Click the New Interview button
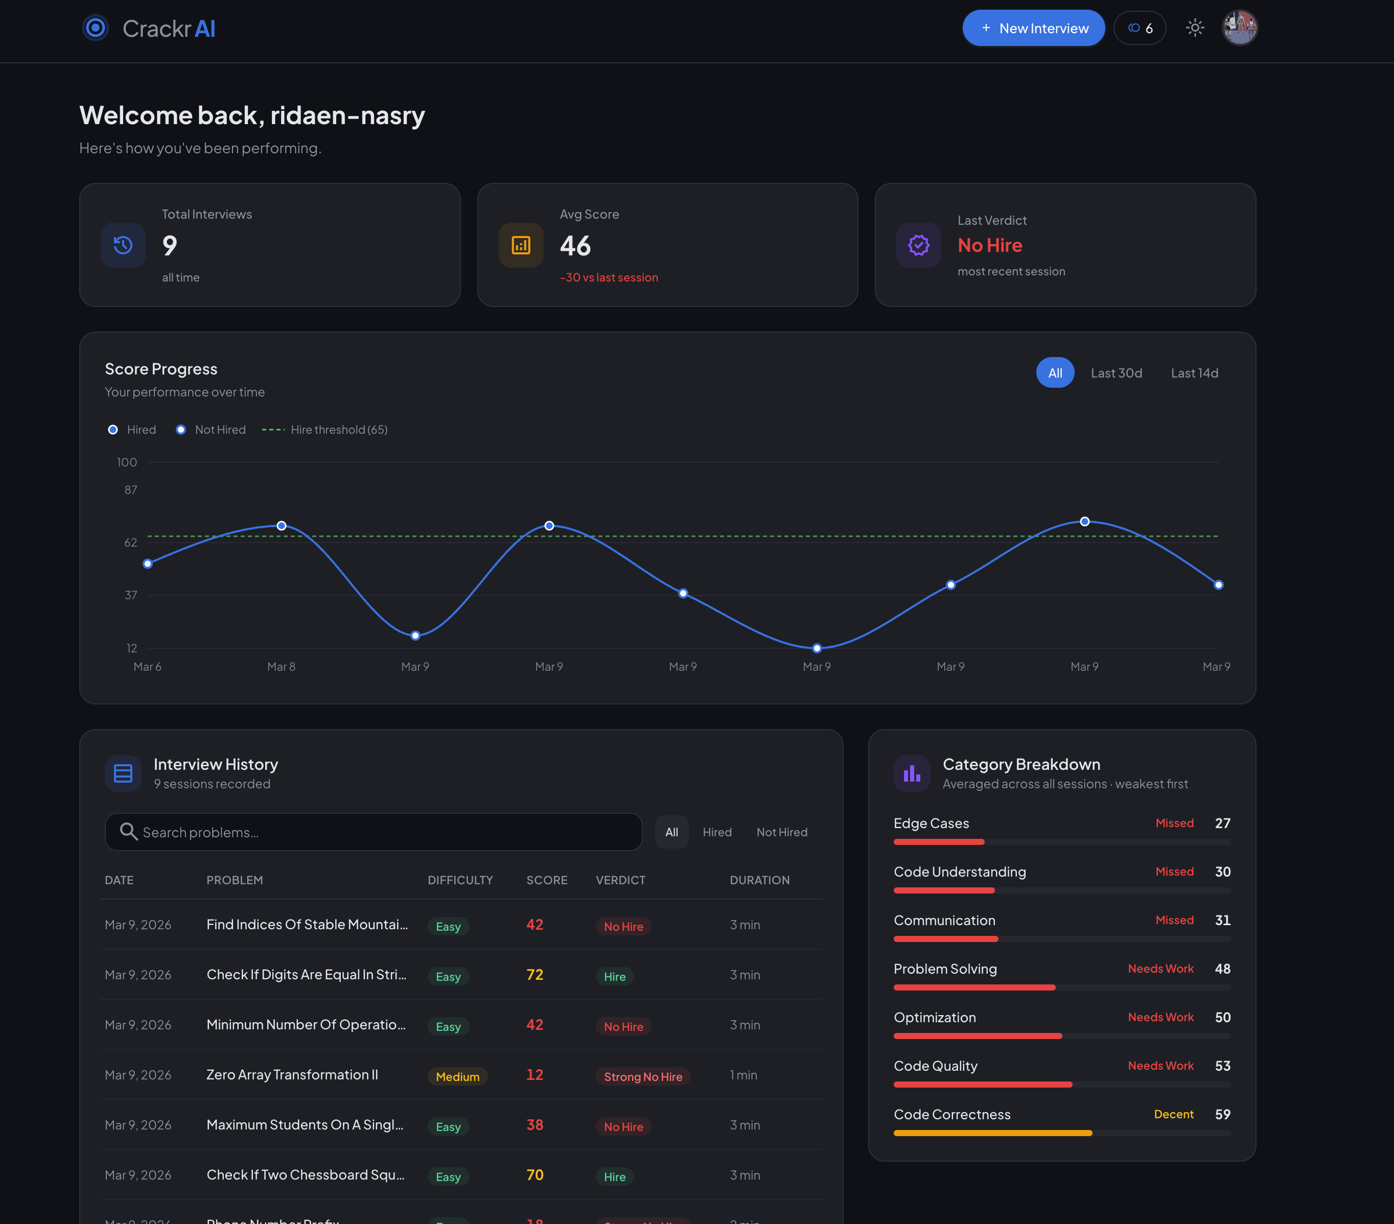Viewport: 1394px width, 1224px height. click(1033, 28)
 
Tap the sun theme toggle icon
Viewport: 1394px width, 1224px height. click(1194, 28)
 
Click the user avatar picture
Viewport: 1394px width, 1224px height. click(1239, 28)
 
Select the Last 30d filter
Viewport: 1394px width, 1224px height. click(1116, 373)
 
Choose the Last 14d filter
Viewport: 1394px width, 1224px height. click(1194, 373)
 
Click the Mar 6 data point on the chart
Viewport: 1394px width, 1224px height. click(147, 564)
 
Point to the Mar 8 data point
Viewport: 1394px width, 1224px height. click(281, 526)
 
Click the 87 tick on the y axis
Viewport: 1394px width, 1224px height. click(130, 489)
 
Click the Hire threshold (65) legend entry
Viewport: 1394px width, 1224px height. click(324, 430)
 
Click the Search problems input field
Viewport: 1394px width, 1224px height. click(374, 832)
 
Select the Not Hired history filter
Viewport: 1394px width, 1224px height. click(781, 832)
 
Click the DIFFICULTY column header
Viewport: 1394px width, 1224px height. click(460, 880)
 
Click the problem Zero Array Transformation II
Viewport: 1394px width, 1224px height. click(292, 1075)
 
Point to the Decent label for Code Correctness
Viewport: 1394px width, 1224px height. click(1173, 1114)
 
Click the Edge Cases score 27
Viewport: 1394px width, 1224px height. click(1222, 823)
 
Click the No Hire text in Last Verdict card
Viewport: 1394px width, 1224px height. click(990, 246)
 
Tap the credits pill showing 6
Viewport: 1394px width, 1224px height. click(1140, 28)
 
